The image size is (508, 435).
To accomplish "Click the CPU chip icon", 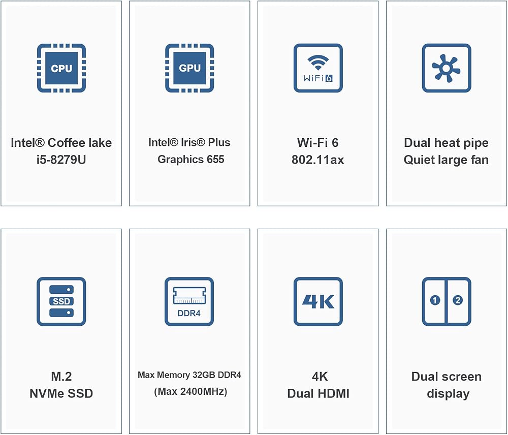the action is pos(61,68).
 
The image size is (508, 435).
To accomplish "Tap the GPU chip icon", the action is pos(189,68).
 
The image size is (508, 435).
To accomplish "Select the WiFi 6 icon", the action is pos(318,68).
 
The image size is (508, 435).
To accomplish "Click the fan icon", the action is pos(447,68).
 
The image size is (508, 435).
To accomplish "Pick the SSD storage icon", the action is pos(61,301).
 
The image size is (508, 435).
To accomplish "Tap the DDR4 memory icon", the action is pos(189,301).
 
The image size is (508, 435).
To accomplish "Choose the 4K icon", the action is pos(318,301).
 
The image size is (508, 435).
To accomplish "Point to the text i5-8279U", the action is pos(61,160).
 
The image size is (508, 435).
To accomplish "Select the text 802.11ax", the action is pos(318,160).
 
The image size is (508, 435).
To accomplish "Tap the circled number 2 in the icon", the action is pos(458,300).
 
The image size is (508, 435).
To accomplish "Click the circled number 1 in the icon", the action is pos(435,300).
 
